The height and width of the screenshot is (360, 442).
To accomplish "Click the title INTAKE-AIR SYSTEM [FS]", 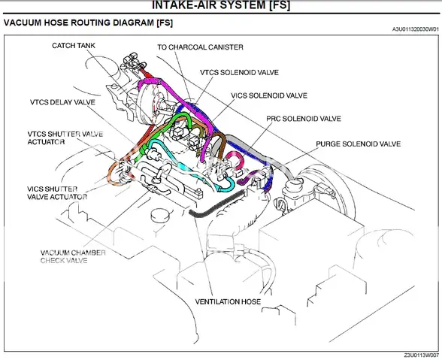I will click(221, 6).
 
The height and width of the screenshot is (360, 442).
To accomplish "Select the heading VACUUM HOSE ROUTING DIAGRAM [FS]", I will click(89, 23).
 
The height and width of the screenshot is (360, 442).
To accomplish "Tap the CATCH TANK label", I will click(74, 46).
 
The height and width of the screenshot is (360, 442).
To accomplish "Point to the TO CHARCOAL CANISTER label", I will click(200, 47).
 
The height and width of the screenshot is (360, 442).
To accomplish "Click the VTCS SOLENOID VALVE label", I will click(239, 72).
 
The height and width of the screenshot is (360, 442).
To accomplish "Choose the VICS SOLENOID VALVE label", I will click(269, 95).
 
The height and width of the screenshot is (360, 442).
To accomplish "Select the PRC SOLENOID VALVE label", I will click(304, 119).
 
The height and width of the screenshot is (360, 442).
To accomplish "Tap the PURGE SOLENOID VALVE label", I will click(358, 144).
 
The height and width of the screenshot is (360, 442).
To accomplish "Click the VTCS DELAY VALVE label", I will click(62, 101).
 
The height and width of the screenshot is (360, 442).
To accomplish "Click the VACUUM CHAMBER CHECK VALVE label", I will click(73, 256).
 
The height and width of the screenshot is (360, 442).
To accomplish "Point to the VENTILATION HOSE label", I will click(228, 302).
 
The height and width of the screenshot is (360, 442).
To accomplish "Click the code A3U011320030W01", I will click(411, 29).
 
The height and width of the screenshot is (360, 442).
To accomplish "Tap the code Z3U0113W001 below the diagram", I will click(417, 355).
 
